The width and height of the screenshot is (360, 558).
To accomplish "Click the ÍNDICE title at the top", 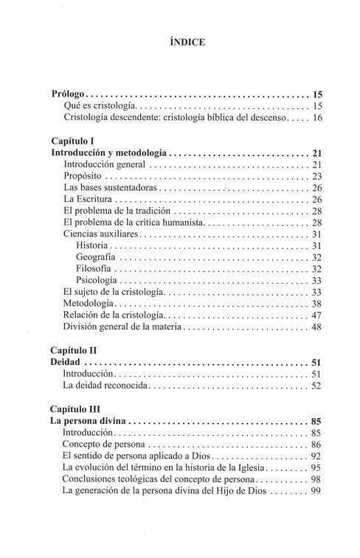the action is coord(180,42).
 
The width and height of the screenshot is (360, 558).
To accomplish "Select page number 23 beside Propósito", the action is coord(318,177).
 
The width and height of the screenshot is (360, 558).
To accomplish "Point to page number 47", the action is coord(318,315).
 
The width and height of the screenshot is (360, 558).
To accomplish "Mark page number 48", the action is coord(318,327).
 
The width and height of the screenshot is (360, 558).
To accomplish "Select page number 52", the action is coord(318,386).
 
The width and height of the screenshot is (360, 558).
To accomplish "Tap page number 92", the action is coord(318,457).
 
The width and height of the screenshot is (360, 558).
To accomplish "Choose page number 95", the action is coord(318,469).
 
